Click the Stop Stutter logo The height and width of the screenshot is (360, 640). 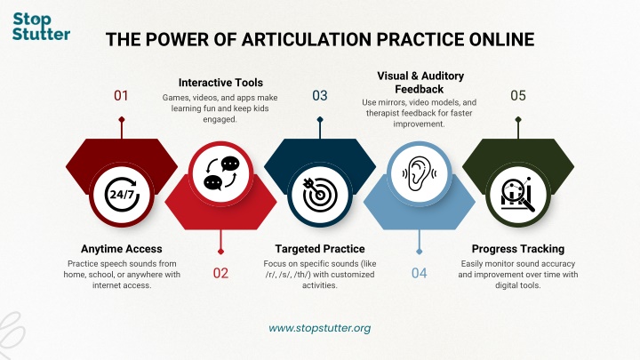(x=41, y=27)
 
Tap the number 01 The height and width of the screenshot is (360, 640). (x=121, y=96)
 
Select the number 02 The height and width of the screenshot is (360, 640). (x=220, y=273)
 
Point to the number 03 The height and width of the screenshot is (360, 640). (x=320, y=96)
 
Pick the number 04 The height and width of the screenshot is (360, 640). (x=420, y=273)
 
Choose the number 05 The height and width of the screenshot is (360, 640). (x=518, y=96)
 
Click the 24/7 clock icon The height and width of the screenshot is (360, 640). (x=122, y=194)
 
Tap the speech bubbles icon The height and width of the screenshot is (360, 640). (x=221, y=173)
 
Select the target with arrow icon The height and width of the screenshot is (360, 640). (x=320, y=195)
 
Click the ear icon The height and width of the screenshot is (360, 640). (x=420, y=174)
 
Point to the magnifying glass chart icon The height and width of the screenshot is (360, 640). (x=518, y=195)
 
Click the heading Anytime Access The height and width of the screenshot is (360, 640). (x=122, y=249)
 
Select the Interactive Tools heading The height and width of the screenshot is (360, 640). (x=220, y=83)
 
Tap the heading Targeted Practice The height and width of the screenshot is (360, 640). (x=320, y=249)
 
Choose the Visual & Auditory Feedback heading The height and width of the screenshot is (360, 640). (x=420, y=83)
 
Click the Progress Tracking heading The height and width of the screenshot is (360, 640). (x=518, y=249)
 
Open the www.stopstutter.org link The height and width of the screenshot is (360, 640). (x=320, y=328)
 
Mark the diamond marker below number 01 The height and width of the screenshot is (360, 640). (x=122, y=120)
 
